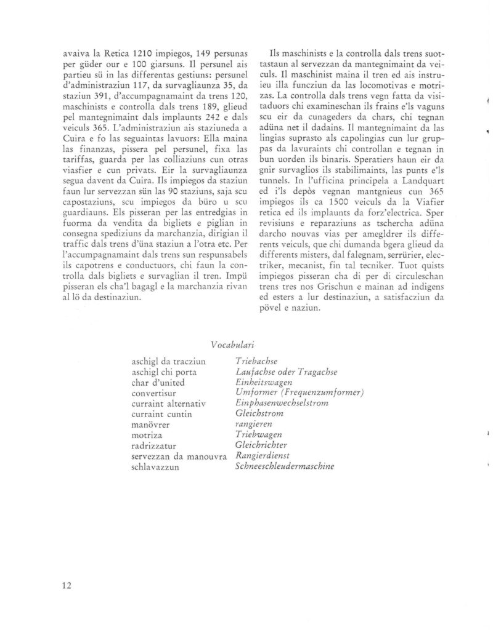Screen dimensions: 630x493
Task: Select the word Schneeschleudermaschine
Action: pyautogui.click(x=285, y=466)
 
